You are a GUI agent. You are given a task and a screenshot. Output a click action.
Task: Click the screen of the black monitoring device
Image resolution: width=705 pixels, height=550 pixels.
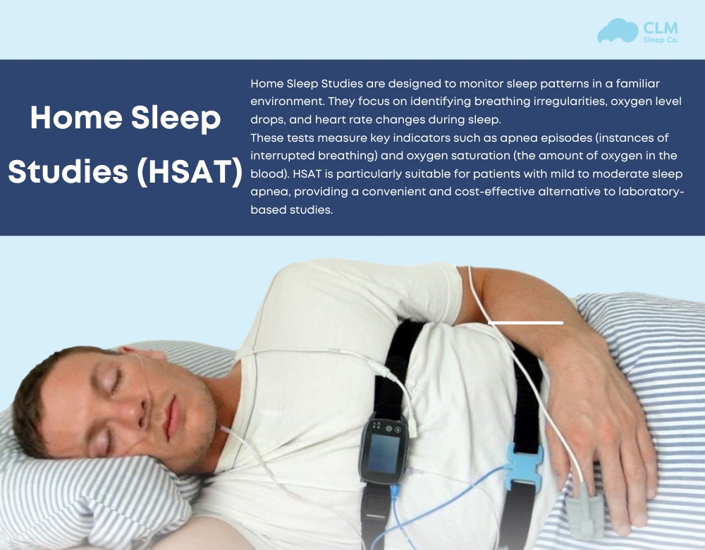click(x=384, y=453)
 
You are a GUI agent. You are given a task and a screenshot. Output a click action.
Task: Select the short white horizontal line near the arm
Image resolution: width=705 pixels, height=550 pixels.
click(x=525, y=322)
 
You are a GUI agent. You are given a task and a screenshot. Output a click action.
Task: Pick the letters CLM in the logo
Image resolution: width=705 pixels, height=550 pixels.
click(x=660, y=28)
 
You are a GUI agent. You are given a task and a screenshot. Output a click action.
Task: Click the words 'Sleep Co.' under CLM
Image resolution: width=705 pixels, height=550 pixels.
click(x=660, y=41)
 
